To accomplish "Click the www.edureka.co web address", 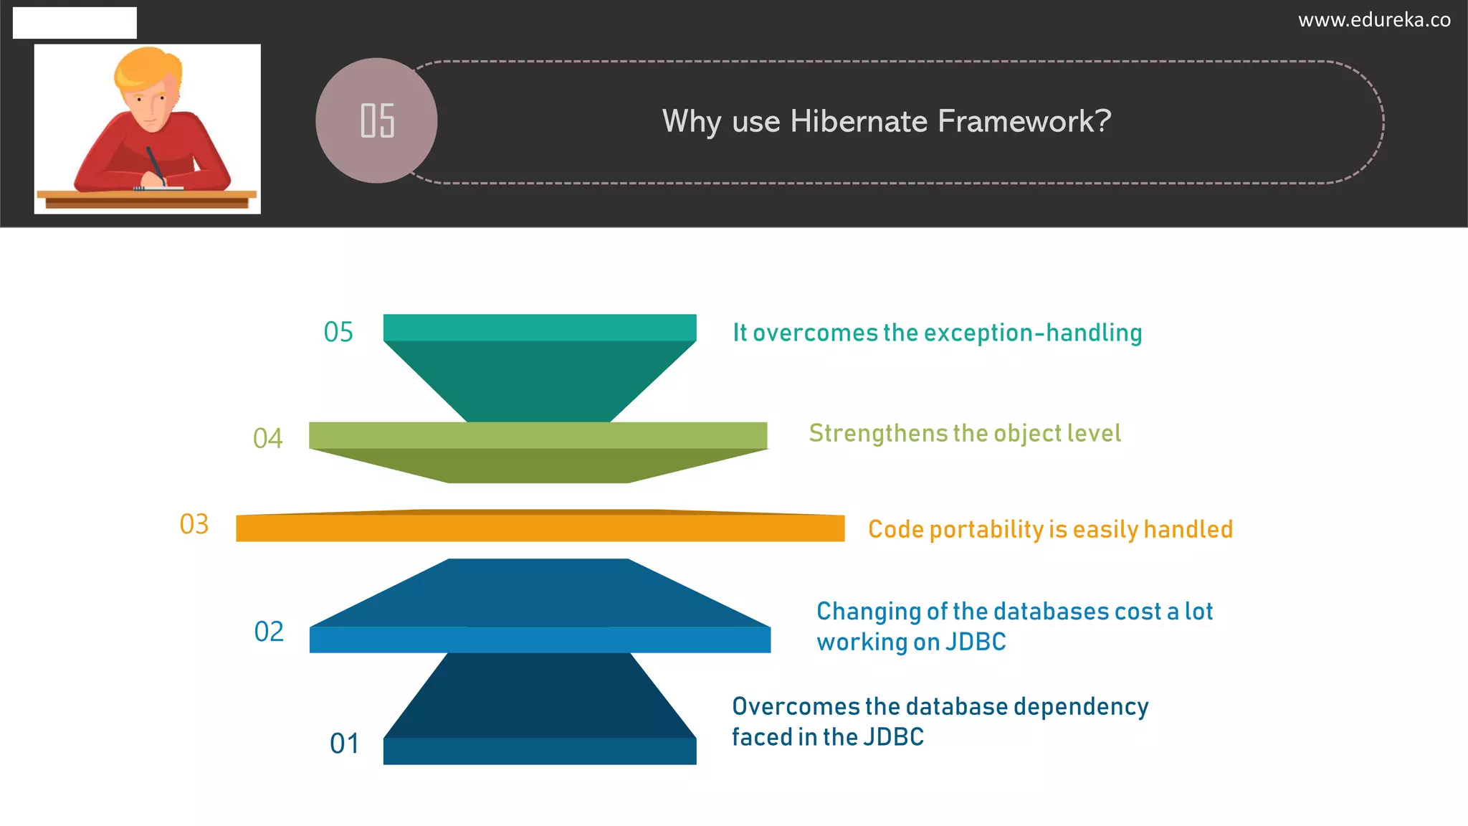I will (1373, 20).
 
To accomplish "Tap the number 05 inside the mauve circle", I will (377, 120).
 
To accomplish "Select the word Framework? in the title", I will (1024, 121).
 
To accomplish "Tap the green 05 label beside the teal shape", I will (338, 332).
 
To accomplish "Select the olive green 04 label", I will (267, 438).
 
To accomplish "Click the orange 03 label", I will (194, 524).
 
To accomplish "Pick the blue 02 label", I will (269, 632).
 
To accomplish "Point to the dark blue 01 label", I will (344, 744).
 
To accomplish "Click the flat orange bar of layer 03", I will (540, 528).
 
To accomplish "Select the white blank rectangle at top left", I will (75, 23).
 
